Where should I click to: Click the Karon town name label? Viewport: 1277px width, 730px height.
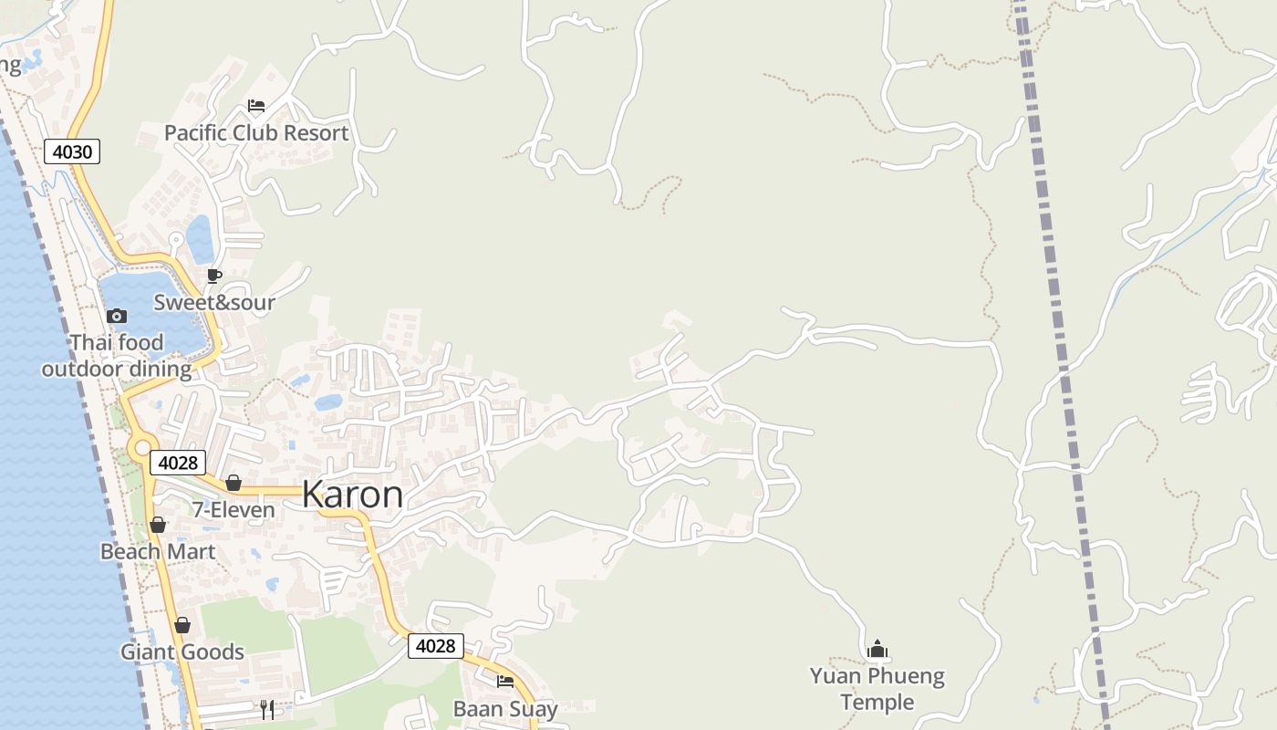[352, 495]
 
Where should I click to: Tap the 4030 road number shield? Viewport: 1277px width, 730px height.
[72, 151]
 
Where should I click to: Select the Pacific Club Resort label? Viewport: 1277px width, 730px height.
[256, 133]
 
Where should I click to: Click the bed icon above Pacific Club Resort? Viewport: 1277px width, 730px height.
[256, 106]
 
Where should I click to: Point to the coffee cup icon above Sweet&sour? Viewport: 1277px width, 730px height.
[214, 276]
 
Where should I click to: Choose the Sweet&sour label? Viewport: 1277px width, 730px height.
[214, 302]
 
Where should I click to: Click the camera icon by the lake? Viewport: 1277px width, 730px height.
[117, 317]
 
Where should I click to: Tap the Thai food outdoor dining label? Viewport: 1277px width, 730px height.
[117, 356]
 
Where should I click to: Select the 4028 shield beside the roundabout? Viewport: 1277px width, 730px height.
[178, 463]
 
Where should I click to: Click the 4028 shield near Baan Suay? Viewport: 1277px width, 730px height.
[435, 646]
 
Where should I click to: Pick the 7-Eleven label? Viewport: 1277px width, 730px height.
[234, 510]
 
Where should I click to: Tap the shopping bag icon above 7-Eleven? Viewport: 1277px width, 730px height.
[234, 483]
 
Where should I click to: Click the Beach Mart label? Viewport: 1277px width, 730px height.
[158, 552]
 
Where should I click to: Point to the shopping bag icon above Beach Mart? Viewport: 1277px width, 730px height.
[158, 525]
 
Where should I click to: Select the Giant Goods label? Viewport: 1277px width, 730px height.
[182, 652]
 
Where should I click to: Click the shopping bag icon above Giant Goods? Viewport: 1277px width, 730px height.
[182, 625]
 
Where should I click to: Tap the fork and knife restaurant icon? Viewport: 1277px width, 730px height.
[267, 710]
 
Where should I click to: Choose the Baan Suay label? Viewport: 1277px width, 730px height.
[505, 708]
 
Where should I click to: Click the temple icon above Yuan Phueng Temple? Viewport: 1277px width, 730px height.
[877, 649]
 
